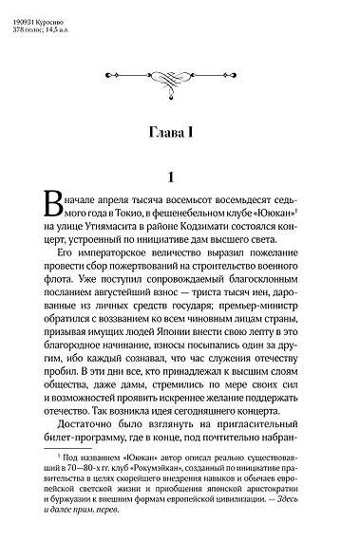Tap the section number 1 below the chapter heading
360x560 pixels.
pos(168,177)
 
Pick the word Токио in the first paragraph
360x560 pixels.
pos(140,214)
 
